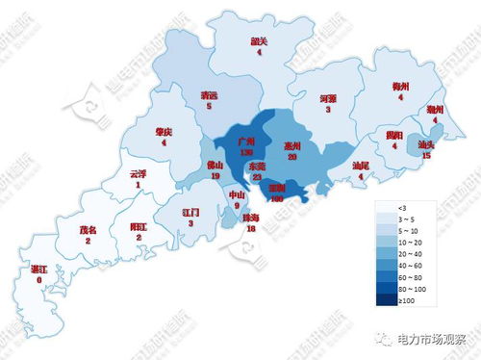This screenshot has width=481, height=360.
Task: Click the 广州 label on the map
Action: click(245, 141)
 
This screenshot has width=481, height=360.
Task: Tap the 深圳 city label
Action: click(276, 188)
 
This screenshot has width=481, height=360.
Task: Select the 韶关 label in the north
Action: click(259, 41)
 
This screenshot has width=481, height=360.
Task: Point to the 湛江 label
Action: click(39, 270)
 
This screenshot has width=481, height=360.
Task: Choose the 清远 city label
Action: click(209, 95)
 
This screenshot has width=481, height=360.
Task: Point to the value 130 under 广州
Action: click(245, 152)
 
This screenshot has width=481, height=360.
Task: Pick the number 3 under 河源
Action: click(327, 110)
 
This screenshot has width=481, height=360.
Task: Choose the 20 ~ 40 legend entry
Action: click(407, 253)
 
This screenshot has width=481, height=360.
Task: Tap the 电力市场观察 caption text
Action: click(431, 339)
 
